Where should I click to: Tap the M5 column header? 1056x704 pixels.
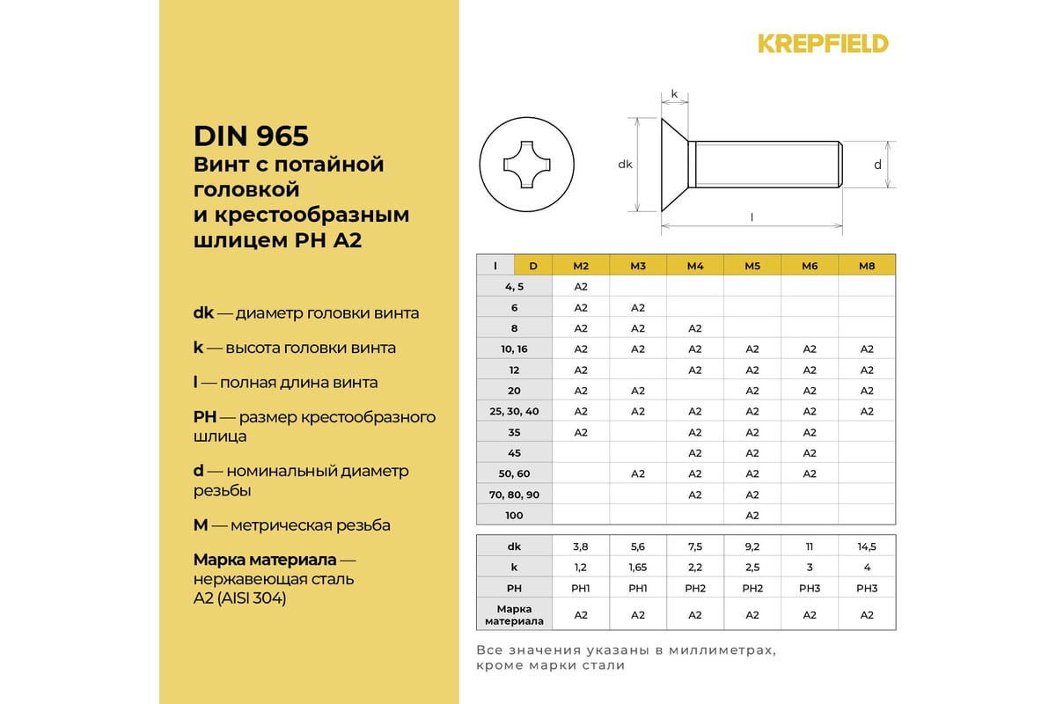pos(752,266)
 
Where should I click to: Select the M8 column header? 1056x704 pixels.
pos(867,266)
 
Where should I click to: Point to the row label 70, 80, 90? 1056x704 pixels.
pos(514,495)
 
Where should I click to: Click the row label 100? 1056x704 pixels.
pos(514,515)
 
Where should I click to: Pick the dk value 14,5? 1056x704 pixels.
pos(867,546)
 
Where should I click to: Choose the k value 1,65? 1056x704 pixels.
pos(638,568)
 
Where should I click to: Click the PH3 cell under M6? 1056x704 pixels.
pos(810,588)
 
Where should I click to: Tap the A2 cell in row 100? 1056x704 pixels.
pos(752,515)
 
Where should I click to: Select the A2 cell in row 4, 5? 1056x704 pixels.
pos(581,287)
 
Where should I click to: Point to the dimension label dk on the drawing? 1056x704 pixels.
pos(625,164)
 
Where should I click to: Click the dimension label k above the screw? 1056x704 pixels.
pos(674,92)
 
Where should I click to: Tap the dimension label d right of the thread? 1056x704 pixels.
pos(877,164)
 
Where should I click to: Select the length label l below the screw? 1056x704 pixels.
pos(752,216)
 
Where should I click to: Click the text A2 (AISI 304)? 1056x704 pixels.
pos(239,598)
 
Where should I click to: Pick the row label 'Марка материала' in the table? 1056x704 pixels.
pos(514,615)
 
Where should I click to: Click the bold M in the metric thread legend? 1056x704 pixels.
pos(201,525)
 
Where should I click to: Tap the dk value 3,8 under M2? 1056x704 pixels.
pos(581,546)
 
